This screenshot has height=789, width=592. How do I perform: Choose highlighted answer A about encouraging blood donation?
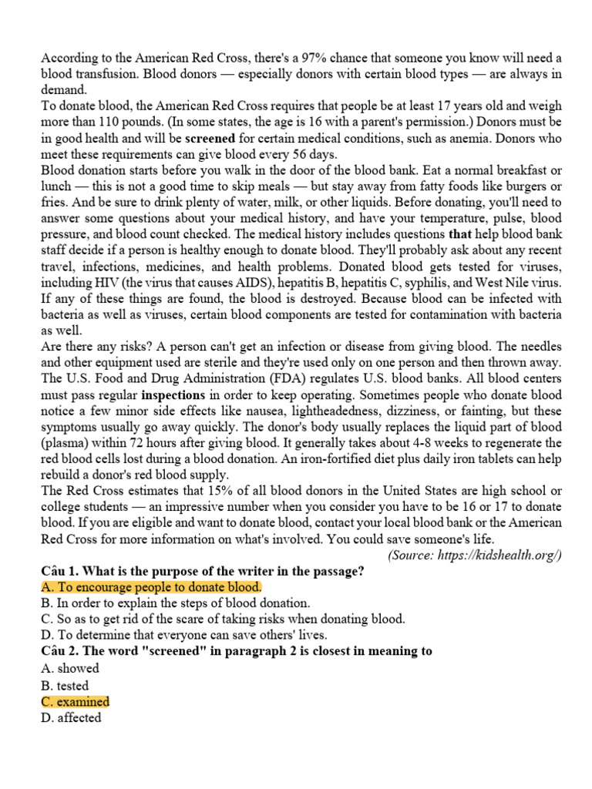(x=151, y=587)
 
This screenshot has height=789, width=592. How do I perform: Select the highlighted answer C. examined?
(x=75, y=701)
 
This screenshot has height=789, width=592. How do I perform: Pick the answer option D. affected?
(x=71, y=717)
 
